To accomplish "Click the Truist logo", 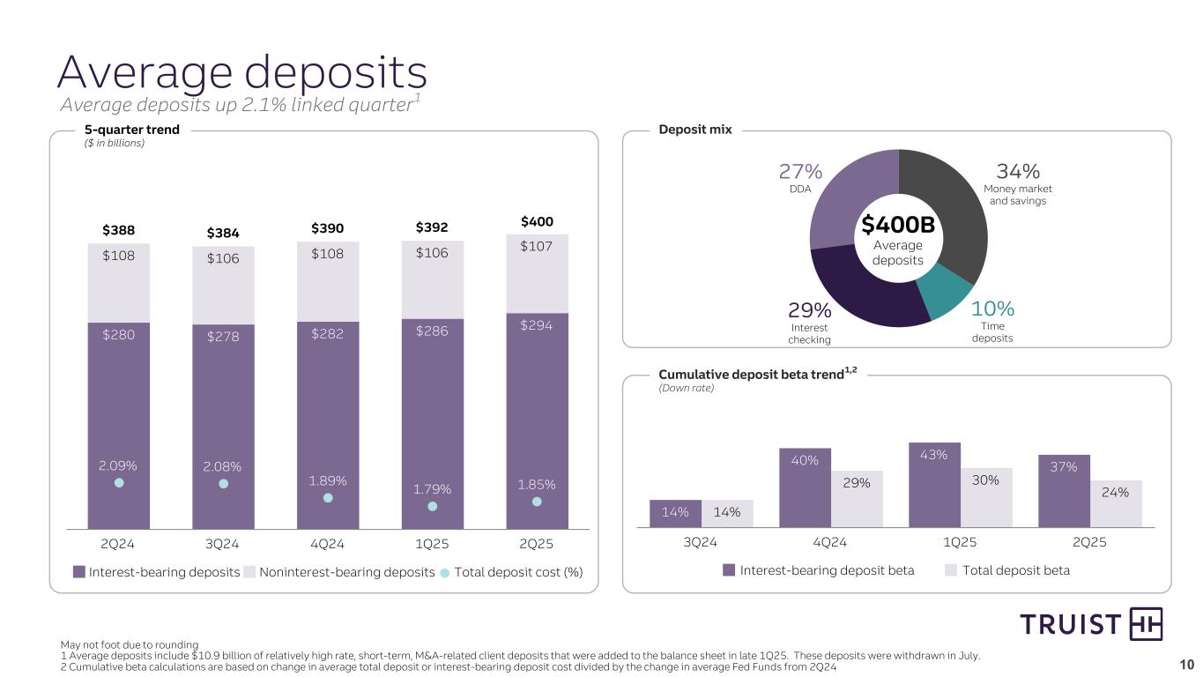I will point(1091,624).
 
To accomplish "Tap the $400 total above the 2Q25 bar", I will point(537,221).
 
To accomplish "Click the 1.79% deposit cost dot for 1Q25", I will point(432,506).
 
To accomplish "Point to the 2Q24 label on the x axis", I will point(118,544).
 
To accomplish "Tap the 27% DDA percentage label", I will point(799,171).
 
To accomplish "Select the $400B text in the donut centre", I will point(897,226).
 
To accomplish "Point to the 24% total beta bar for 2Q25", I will point(1116,503).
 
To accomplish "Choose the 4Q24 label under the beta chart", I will point(829,541).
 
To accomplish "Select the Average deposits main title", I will point(242,72).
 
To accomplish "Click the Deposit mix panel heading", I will point(695,130).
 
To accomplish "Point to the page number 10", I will point(1186,665).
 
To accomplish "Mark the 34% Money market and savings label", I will point(1018,170).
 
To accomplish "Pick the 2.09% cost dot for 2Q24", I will point(119,482).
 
